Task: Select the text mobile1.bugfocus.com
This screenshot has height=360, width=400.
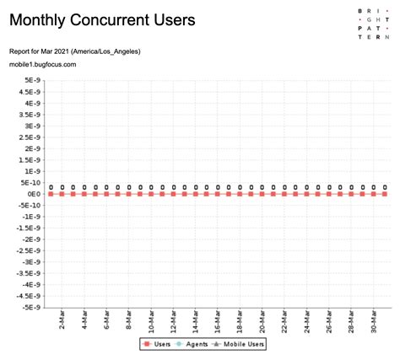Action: pyautogui.click(x=43, y=64)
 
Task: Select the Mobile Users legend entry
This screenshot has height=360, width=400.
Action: pyautogui.click(x=241, y=344)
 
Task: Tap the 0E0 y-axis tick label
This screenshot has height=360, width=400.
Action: pyautogui.click(x=35, y=194)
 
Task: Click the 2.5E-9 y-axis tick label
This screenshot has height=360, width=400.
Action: pyautogui.click(x=30, y=137)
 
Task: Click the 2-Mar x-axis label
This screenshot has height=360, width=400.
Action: pyautogui.click(x=62, y=323)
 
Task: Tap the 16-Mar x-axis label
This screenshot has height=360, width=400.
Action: pyautogui.click(x=218, y=323)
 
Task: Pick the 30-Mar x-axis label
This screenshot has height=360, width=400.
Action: pyautogui.click(x=374, y=323)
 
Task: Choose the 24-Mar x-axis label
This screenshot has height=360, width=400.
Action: pyautogui.click(x=307, y=323)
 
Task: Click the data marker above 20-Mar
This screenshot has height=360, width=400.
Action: pyautogui.click(x=262, y=194)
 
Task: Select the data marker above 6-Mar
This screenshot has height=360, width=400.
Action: pyautogui.click(x=106, y=194)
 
